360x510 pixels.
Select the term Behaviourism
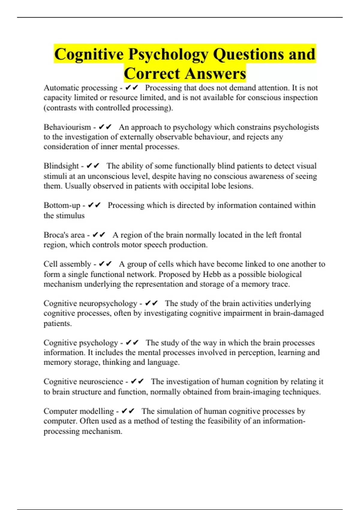pyautogui.click(x=67, y=127)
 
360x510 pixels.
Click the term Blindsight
pyautogui.click(x=61, y=166)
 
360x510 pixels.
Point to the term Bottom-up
pyautogui.click(x=62, y=205)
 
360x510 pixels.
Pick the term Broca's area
pyautogui.click(x=64, y=235)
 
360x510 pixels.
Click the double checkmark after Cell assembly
pyautogui.click(x=105, y=264)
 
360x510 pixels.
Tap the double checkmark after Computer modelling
pyautogui.click(x=128, y=411)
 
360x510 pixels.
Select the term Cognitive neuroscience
pyautogui.click(x=83, y=382)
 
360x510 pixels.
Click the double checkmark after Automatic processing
pyautogui.click(x=132, y=88)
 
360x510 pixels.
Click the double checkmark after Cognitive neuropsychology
pyautogui.click(x=151, y=303)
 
